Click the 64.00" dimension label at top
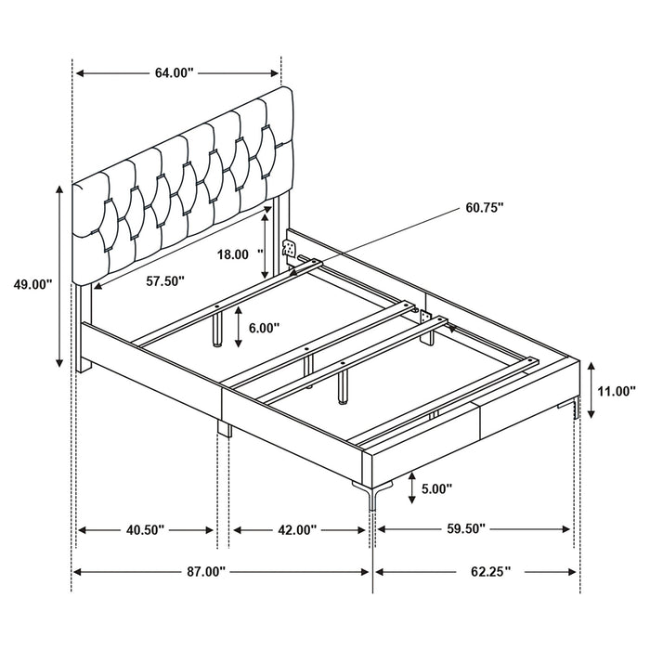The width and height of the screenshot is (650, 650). [x=174, y=73]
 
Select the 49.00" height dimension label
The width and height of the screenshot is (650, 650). [x=31, y=285]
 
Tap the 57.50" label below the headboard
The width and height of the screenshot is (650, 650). [x=164, y=279]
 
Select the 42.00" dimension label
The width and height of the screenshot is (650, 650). [x=296, y=529]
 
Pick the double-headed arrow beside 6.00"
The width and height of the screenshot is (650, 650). [x=239, y=327]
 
